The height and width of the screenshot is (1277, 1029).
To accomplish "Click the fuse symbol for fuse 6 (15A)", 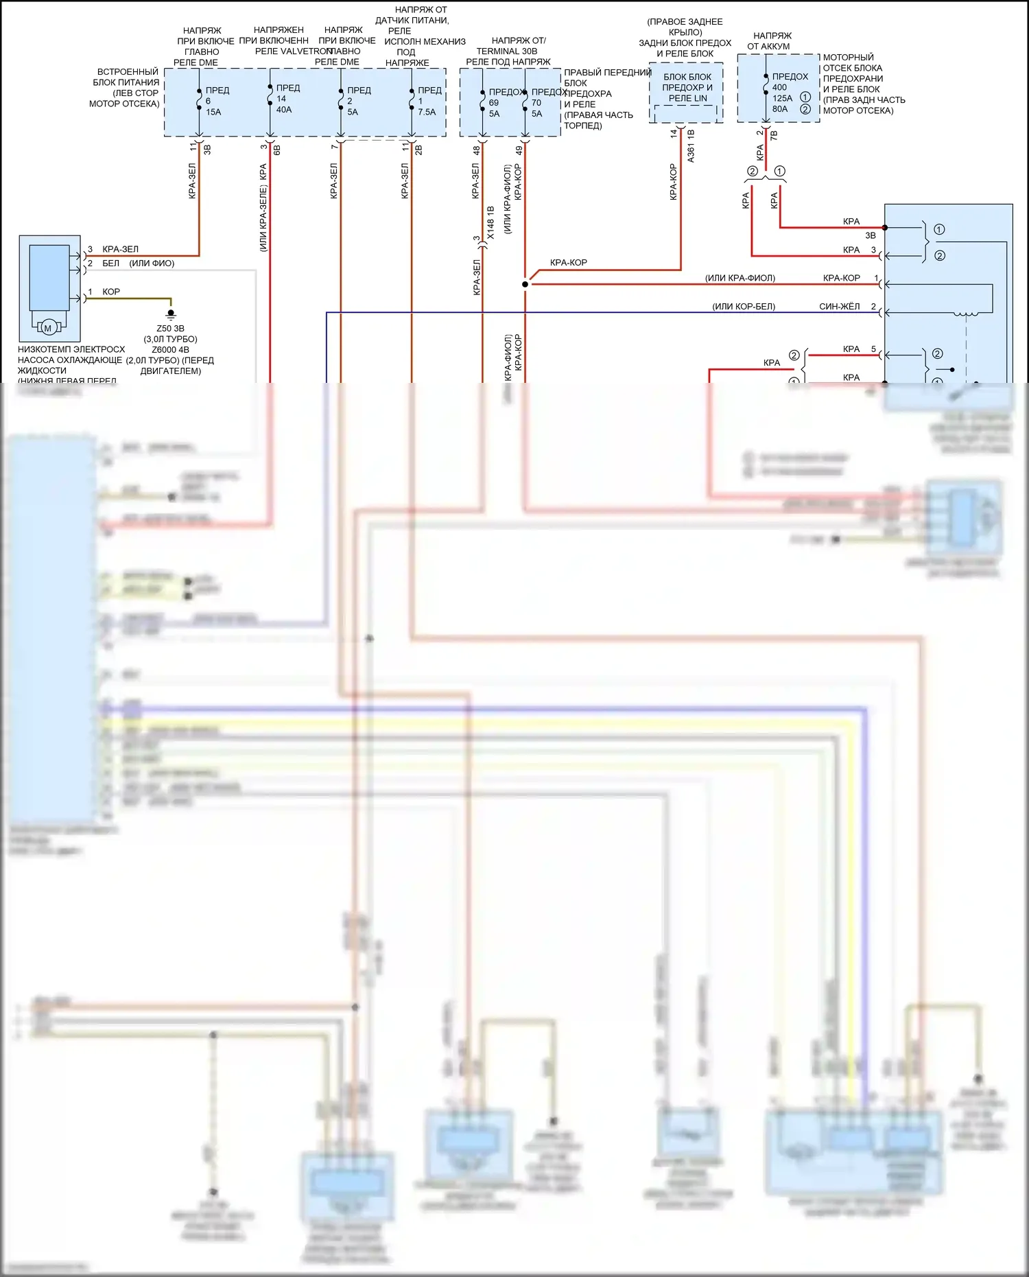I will click(199, 99).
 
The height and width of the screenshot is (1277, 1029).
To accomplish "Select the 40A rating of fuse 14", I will click(283, 110).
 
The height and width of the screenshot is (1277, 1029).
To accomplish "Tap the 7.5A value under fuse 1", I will click(427, 112).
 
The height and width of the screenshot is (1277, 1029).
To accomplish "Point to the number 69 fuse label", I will click(494, 103).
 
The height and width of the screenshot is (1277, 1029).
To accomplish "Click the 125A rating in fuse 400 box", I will click(782, 98).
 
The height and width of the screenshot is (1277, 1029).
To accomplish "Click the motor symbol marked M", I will click(48, 328).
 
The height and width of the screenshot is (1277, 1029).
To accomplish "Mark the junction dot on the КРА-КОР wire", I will click(525, 284).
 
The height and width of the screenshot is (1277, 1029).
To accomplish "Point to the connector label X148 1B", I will click(490, 223).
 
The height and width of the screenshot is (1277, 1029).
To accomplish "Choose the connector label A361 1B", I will click(691, 145).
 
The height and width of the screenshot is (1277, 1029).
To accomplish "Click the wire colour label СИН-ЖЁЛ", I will click(839, 307).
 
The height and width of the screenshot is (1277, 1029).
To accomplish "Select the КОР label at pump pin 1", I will click(111, 292).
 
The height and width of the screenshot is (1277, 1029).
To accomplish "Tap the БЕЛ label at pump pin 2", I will click(110, 263).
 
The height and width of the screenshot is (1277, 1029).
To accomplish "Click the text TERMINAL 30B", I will click(507, 51).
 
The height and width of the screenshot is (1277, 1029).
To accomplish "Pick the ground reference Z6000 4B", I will click(170, 350).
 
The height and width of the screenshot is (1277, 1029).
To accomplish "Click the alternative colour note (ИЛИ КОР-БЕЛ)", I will click(744, 307).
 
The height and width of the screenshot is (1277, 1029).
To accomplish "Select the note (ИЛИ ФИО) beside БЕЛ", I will click(152, 263).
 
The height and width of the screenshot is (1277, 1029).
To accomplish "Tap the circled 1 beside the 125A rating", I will click(805, 97).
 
